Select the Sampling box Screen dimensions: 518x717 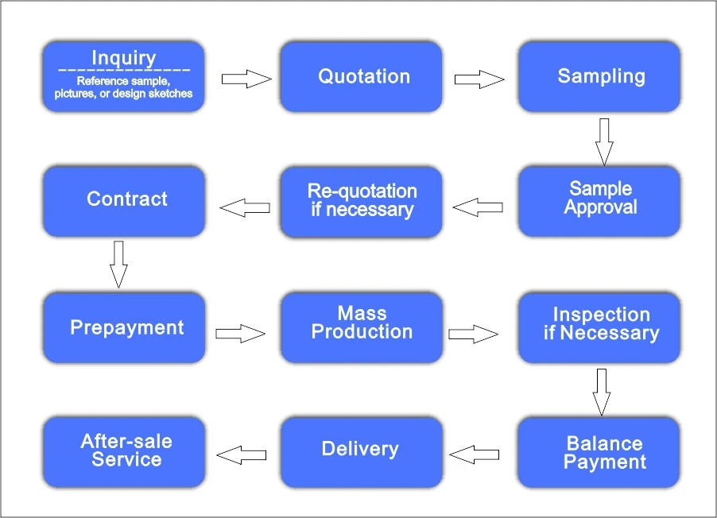[x=599, y=77]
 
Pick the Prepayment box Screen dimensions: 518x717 [x=124, y=327]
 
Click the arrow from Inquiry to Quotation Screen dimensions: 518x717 [x=246, y=79]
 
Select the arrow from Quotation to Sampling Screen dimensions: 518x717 [x=479, y=79]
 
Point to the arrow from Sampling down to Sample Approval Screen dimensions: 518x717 [x=604, y=141]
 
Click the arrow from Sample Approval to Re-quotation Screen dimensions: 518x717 [x=478, y=207]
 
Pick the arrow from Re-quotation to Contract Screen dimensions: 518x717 [x=244, y=208]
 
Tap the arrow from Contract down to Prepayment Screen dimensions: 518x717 [x=118, y=264]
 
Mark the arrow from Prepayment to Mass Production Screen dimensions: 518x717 [x=241, y=334]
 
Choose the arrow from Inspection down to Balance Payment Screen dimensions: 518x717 [x=602, y=392]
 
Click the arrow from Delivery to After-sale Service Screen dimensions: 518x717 [x=242, y=454]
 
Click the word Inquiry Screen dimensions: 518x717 [x=124, y=58]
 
